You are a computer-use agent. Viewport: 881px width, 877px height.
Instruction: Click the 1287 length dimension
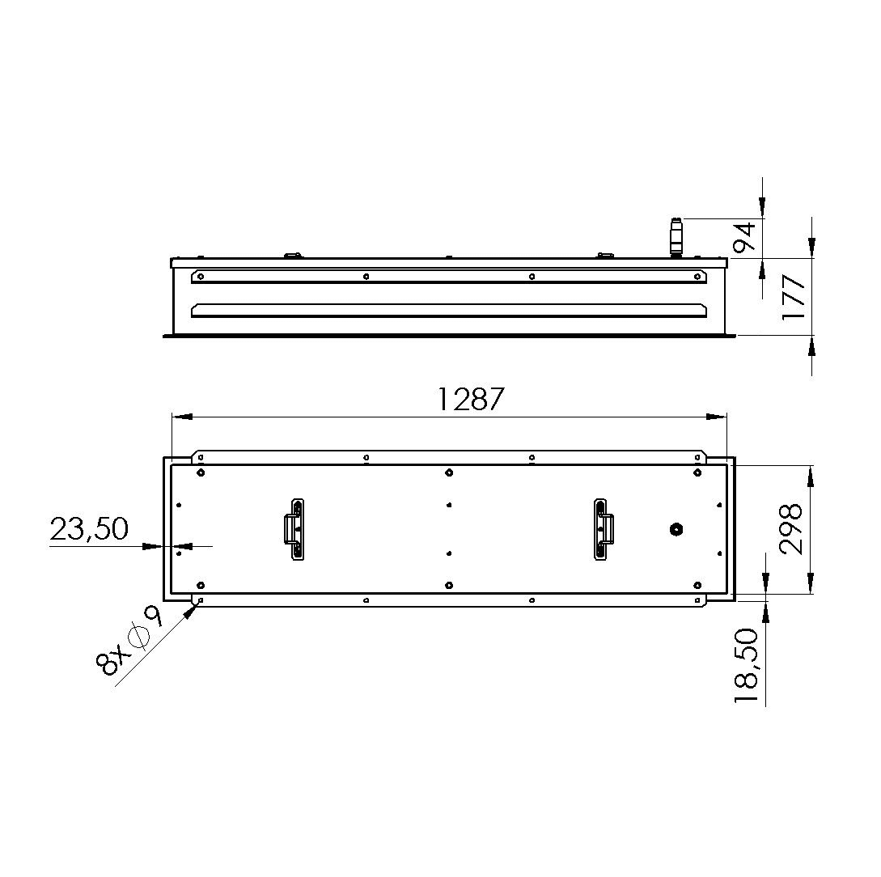tap(470, 400)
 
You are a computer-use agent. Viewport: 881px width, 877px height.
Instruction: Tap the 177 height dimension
tap(794, 297)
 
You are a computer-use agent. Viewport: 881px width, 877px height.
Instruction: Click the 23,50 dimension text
tap(89, 528)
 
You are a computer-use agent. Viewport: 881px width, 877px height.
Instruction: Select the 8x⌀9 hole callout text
tap(129, 641)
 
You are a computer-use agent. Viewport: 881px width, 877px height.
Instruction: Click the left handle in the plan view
tap(294, 530)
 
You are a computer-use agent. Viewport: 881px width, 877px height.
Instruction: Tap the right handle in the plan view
tap(604, 529)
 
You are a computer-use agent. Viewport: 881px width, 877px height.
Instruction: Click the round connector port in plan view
tap(676, 528)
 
